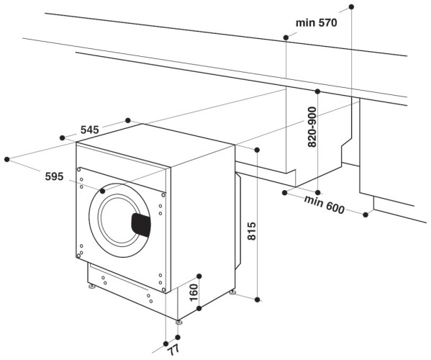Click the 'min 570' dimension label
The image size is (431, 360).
tap(317, 22)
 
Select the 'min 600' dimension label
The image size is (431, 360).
tap(324, 204)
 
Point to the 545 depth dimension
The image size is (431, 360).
tap(89, 130)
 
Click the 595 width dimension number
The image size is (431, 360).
tap(34, 176)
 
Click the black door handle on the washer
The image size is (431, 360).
tap(141, 225)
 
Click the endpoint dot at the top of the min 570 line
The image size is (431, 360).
tap(352, 6)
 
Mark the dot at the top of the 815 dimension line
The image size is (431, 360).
tap(258, 149)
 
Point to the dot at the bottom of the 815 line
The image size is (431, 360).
tap(258, 297)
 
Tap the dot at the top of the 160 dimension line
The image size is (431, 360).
tap(199, 276)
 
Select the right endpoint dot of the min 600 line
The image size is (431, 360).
tap(367, 215)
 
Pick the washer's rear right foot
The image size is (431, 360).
tap(232, 292)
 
